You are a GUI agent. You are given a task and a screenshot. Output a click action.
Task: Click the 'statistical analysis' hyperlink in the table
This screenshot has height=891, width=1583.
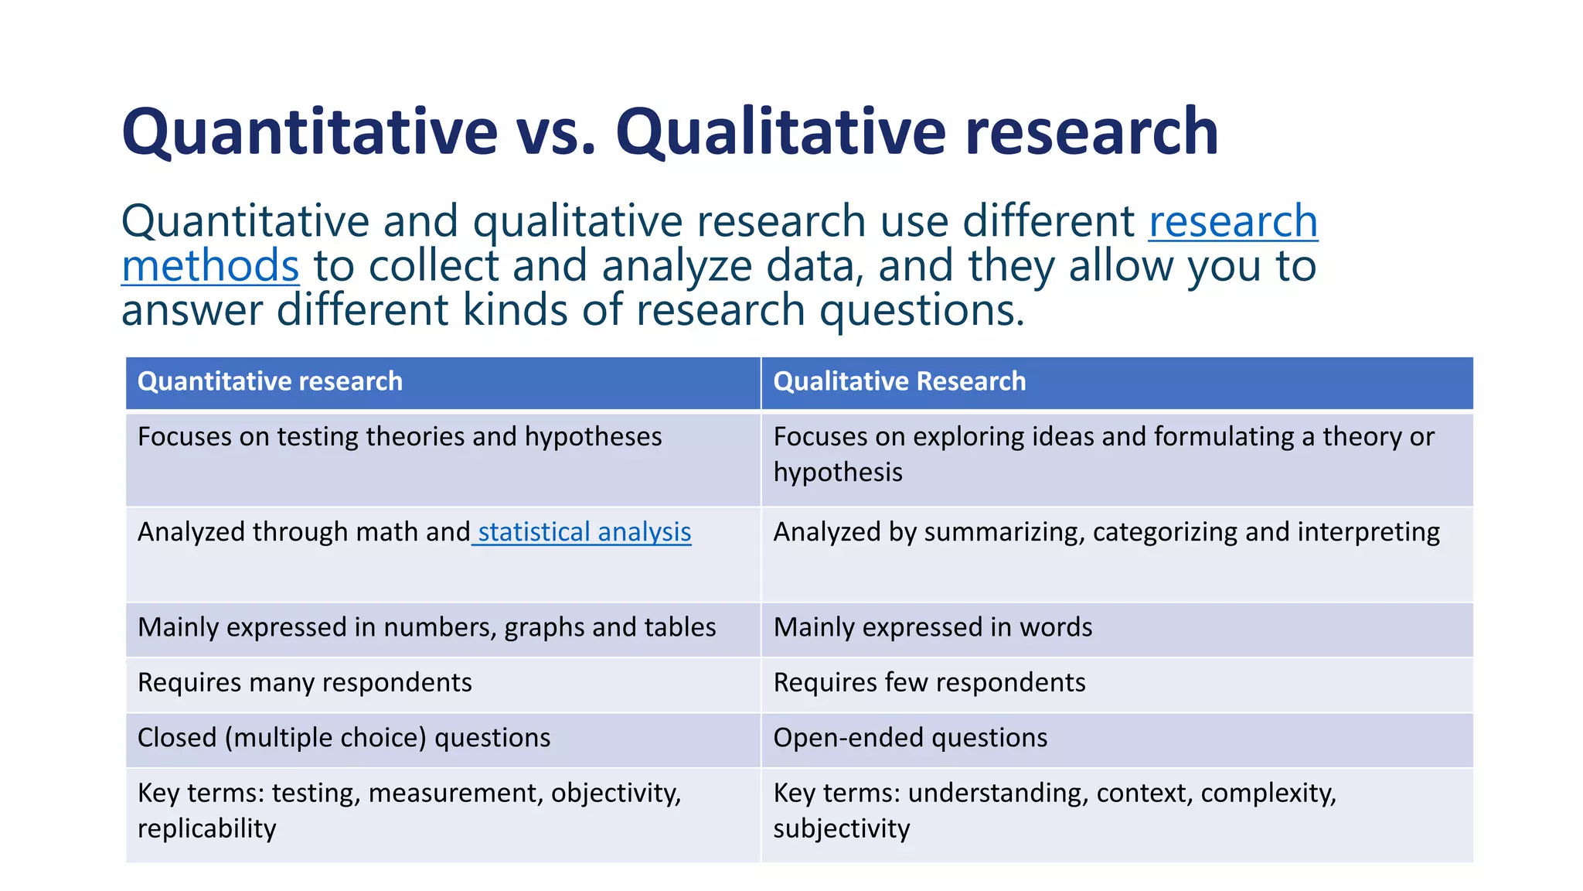point(584,532)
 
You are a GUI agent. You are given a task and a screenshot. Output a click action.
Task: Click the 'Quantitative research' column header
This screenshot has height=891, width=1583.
point(270,381)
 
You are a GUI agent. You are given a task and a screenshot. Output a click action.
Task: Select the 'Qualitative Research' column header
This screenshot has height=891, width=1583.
point(899,381)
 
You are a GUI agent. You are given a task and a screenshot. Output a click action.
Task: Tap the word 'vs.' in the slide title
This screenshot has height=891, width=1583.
point(557,131)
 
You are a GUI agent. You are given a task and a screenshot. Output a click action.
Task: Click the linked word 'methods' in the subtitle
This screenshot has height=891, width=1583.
point(210,266)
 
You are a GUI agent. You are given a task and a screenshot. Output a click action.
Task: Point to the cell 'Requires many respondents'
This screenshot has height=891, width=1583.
point(305,683)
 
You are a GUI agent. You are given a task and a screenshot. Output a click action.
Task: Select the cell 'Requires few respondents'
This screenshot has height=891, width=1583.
point(929,683)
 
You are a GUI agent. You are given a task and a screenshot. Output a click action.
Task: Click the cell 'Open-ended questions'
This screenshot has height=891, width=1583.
point(910,738)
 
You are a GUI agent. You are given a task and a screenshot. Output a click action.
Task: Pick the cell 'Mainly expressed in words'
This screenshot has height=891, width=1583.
point(932,627)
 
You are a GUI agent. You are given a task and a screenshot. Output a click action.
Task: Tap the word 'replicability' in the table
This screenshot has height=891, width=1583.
point(206,828)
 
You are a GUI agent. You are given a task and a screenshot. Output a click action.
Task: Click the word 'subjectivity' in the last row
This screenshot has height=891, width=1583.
point(841,828)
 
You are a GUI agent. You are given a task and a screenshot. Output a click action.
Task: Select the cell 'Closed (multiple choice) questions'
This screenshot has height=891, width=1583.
point(344,738)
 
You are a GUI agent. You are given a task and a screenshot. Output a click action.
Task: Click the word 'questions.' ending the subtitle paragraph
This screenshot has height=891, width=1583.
point(921,311)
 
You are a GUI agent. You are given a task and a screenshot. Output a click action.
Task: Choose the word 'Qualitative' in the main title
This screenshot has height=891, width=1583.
point(781,131)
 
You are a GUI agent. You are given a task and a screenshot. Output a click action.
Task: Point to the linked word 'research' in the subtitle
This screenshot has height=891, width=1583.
point(1233,222)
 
